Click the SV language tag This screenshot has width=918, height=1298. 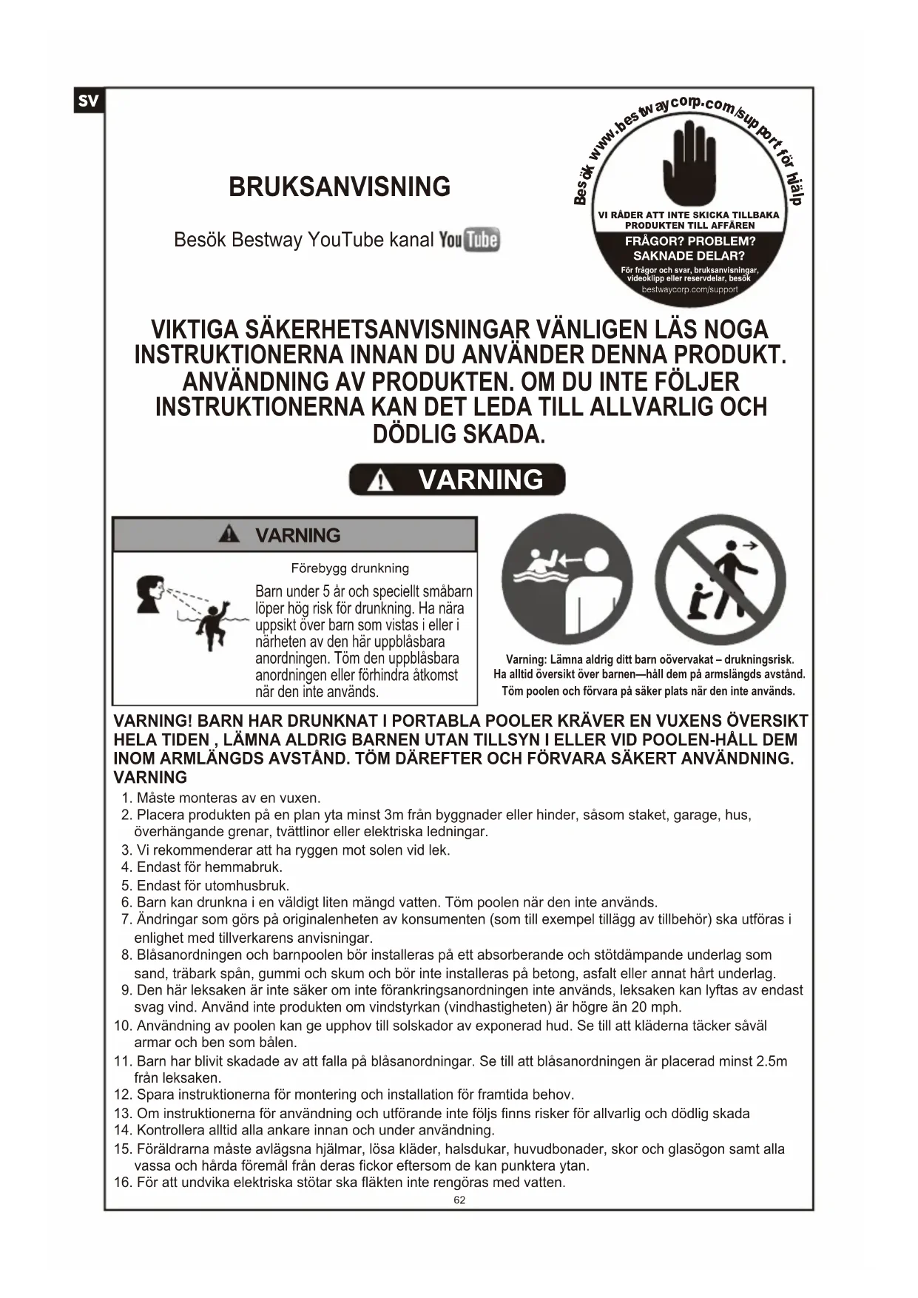(x=88, y=101)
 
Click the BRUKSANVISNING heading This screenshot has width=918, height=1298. (x=340, y=186)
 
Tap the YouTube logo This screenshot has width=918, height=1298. (x=470, y=240)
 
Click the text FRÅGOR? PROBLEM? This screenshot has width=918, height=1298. (x=690, y=241)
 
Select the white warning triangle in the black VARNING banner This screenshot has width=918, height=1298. (x=381, y=481)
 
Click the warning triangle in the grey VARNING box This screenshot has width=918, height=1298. (x=229, y=534)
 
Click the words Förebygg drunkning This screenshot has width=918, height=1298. (x=350, y=568)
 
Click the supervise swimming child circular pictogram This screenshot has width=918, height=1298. (x=567, y=579)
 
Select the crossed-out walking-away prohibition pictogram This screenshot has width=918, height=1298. (x=720, y=579)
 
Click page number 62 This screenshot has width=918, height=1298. (x=459, y=1200)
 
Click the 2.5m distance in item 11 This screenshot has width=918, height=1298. (x=772, y=1061)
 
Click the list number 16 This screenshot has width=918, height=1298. (x=123, y=1182)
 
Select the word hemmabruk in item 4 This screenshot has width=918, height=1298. (x=243, y=867)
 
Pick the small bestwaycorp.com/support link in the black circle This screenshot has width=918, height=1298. (x=689, y=289)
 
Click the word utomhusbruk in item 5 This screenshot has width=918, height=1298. (x=247, y=885)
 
